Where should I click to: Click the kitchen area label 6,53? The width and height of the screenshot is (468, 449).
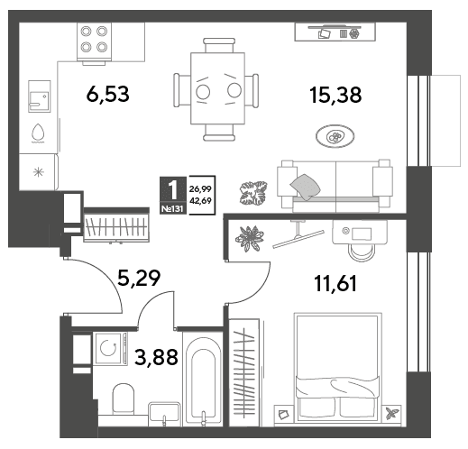point(107,94)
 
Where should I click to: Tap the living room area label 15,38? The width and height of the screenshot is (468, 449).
point(335,95)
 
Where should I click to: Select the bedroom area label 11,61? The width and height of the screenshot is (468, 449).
point(335,283)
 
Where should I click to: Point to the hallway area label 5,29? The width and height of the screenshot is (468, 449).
point(139,279)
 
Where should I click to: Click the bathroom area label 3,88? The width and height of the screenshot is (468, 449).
point(156,357)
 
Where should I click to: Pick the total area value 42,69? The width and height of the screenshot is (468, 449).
point(200,200)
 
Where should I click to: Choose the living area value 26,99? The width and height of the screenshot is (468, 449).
point(200,189)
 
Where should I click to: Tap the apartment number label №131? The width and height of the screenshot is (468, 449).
point(172,208)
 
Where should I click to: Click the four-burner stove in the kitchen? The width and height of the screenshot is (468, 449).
point(94,41)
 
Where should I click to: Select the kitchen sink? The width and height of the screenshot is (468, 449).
point(40,96)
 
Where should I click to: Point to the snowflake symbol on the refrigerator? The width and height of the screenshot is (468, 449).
point(39,172)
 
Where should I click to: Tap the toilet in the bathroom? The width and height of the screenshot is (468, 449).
point(123,399)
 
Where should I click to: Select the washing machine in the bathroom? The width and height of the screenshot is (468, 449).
point(110,349)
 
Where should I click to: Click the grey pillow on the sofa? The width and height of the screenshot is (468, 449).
point(305,187)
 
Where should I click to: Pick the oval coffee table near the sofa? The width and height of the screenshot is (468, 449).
point(335,136)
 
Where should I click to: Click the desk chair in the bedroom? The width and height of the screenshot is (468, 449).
point(362,252)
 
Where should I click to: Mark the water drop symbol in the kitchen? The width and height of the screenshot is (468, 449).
point(38,133)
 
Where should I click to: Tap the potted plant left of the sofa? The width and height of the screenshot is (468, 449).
point(253,193)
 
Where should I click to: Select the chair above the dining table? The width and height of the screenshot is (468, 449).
point(219,45)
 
